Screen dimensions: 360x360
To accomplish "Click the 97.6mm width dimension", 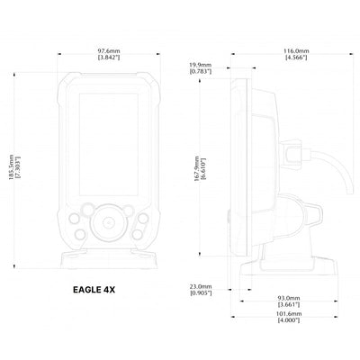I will (x=109, y=50).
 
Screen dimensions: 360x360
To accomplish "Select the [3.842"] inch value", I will (x=109, y=58).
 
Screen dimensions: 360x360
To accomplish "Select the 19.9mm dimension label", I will (x=200, y=64).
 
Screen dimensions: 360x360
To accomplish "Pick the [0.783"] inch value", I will (x=200, y=71).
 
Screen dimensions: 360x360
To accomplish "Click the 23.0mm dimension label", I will (x=201, y=286).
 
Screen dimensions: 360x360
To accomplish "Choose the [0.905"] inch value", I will (x=201, y=293).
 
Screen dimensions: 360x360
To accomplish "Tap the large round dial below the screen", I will (x=109, y=218).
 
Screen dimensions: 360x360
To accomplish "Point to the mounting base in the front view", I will (x=109, y=259).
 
